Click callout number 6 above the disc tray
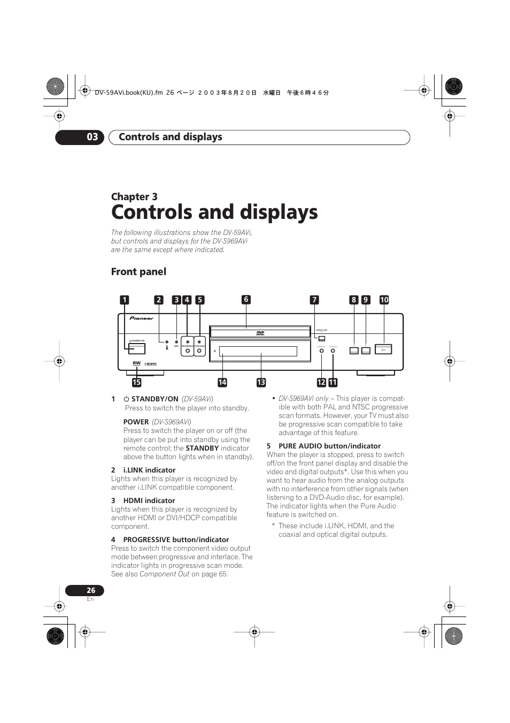coord(246,300)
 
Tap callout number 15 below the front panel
coord(137,382)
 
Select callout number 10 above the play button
coord(384,300)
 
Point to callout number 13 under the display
coord(261,382)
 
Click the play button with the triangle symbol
coord(383,350)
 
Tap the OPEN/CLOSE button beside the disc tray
coord(321,339)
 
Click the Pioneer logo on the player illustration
coord(142,318)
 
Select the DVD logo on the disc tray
coord(260,333)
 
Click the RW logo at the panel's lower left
coord(137,363)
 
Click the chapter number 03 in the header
coord(92,137)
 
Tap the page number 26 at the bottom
coord(91,590)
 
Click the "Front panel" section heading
coord(138,272)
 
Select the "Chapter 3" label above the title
coord(134,196)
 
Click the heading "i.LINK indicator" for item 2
coord(149,470)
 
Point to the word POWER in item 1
coord(136,422)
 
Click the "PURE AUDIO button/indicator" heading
coord(329,446)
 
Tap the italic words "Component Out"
coord(165,574)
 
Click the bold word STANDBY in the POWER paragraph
coord(202,448)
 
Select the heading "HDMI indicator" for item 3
coord(149,501)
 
